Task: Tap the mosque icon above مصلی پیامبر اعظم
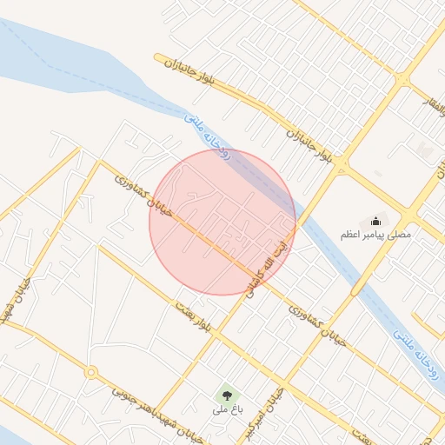[375, 221]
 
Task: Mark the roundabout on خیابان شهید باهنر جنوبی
[91, 373]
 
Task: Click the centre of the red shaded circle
[222, 222]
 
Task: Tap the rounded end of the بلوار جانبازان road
[159, 59]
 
